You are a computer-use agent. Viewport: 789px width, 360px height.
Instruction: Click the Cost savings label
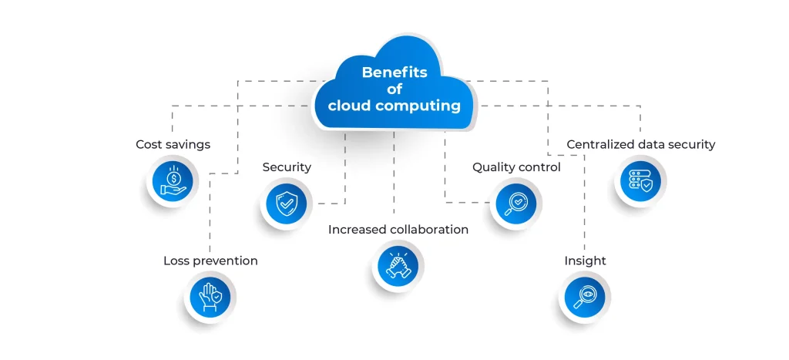click(173, 144)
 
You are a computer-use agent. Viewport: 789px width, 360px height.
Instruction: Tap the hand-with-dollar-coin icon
click(174, 182)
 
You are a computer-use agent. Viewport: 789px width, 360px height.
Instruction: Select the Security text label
click(287, 167)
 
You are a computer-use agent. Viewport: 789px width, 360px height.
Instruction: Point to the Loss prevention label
click(210, 261)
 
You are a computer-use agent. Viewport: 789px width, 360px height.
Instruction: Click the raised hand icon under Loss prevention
click(210, 298)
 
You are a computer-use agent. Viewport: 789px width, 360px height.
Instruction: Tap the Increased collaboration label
click(398, 230)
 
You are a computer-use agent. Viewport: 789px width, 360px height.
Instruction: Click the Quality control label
click(516, 167)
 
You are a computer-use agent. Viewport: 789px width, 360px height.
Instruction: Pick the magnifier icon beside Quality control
click(515, 204)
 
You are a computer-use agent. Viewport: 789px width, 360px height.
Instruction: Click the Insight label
click(585, 261)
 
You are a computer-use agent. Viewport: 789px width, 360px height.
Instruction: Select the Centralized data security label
click(640, 144)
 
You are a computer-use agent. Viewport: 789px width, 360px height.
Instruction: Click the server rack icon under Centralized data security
click(640, 182)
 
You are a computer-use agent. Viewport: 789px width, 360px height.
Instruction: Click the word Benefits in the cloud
click(394, 73)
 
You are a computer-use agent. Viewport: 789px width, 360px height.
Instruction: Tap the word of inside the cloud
click(394, 89)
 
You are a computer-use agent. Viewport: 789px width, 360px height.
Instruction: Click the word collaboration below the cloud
click(428, 230)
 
